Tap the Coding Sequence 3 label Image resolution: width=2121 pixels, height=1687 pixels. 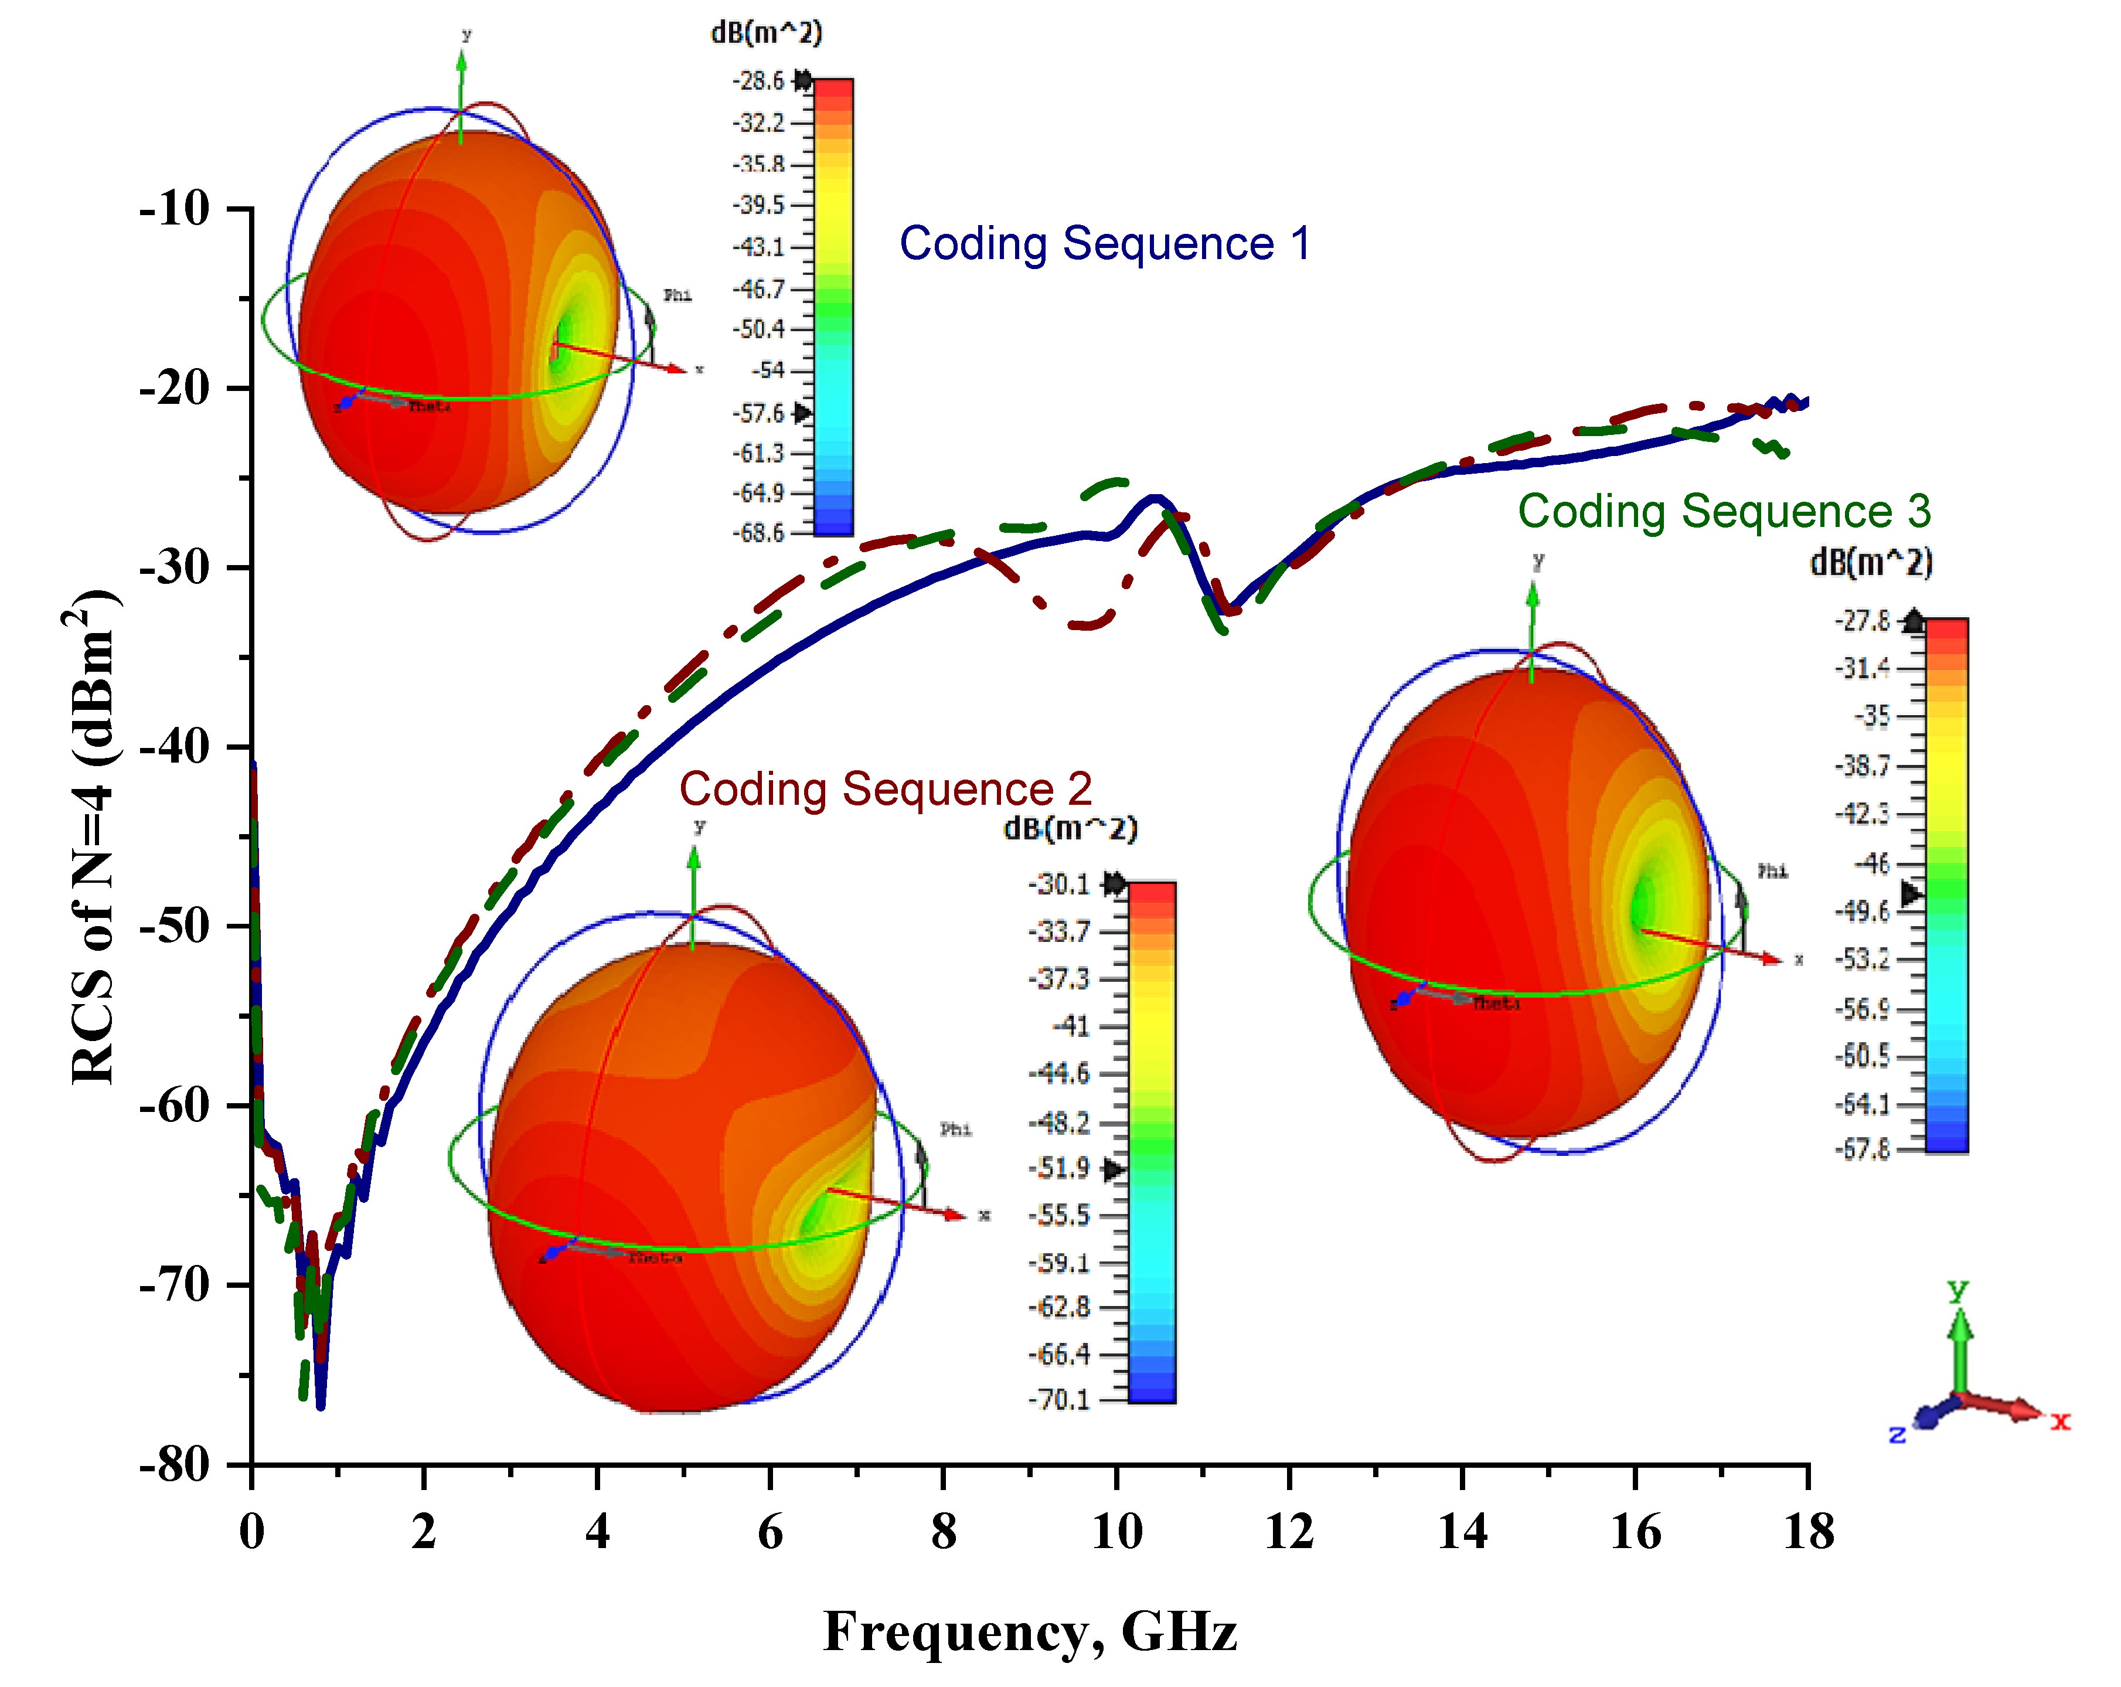point(1724,512)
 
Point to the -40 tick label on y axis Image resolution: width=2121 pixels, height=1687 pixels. point(175,747)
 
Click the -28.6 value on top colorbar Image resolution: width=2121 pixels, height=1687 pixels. point(758,81)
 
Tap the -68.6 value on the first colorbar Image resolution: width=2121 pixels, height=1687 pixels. point(758,533)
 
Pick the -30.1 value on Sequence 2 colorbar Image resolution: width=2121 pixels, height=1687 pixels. point(1060,885)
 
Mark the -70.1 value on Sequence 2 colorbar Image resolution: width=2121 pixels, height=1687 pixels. point(1060,1399)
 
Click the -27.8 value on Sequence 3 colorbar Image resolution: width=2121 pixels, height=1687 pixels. point(1863,621)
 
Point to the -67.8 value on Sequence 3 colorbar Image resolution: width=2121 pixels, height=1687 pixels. point(1863,1149)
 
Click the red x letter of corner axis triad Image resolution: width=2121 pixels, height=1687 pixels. point(2060,1421)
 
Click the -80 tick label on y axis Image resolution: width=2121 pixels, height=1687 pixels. point(175,1465)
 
